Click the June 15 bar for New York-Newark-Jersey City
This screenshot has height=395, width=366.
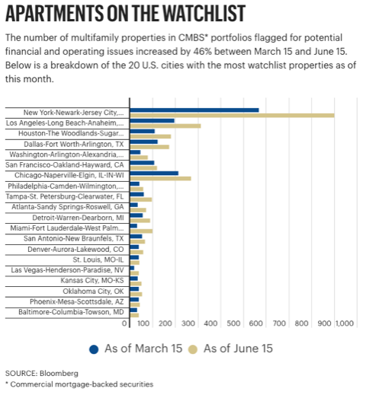coord(232,116)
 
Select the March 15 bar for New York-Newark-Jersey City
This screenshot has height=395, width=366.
coord(194,110)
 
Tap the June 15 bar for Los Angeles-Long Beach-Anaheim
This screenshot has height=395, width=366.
coord(165,126)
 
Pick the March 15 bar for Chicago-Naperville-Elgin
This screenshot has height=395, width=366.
coord(154,174)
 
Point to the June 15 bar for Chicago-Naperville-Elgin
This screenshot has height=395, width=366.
coord(160,179)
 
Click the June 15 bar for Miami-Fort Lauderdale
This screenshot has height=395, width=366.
coord(141,231)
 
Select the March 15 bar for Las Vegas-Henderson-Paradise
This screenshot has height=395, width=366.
coord(132,268)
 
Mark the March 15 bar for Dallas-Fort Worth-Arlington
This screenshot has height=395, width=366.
coord(143,142)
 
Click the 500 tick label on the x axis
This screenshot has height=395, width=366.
coord(233,323)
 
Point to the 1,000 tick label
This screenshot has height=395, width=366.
coord(345,323)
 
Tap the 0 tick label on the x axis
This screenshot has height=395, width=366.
coord(124,323)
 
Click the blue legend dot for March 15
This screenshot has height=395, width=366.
coord(94,349)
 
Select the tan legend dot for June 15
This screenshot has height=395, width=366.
coord(193,349)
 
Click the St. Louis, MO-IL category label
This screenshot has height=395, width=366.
coord(98,260)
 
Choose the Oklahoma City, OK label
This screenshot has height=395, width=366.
coord(93,291)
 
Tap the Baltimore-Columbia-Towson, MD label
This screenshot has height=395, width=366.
coord(71,312)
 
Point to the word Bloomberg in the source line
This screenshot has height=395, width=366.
coord(59,373)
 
